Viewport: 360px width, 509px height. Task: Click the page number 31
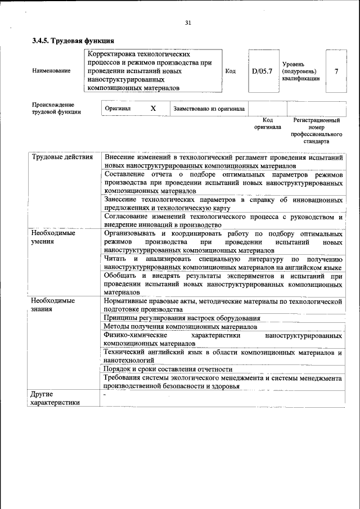tap(188, 22)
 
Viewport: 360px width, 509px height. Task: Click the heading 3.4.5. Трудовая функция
tap(74, 41)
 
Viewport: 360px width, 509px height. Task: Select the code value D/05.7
tap(262, 71)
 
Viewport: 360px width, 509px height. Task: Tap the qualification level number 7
tap(336, 71)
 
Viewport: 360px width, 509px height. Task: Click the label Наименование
tap(51, 71)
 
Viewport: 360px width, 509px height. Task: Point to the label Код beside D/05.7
tap(230, 71)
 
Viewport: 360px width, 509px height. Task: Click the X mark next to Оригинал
tap(153, 108)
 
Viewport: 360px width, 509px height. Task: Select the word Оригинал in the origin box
tap(118, 108)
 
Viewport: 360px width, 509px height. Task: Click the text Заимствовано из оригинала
tap(209, 109)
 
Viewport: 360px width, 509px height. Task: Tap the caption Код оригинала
tap(268, 124)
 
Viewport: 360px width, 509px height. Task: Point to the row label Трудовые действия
tap(62, 157)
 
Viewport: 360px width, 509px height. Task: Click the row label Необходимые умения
tap(53, 237)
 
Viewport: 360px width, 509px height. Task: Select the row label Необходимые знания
tap(53, 305)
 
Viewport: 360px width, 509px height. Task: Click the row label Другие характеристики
tap(55, 398)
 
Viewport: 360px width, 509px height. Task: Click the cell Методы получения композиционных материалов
tap(180, 326)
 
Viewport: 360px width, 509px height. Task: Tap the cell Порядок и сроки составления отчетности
tap(168, 369)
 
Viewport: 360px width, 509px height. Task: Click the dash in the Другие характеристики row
tap(105, 395)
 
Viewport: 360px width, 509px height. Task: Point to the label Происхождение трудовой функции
tap(56, 108)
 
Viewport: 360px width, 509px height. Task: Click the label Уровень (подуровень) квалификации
tap(301, 71)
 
